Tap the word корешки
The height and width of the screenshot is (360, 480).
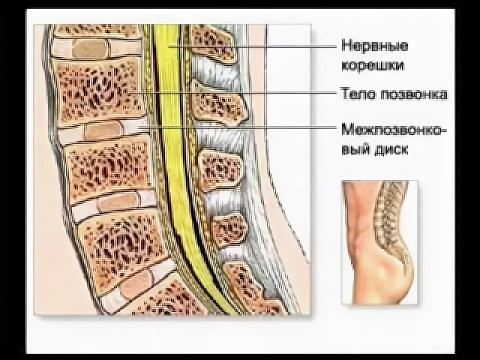373,65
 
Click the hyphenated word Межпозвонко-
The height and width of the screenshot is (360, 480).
394,129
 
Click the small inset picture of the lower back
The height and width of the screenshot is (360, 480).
379,242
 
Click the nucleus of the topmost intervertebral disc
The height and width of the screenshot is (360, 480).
90,48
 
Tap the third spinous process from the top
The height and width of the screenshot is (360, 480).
220,169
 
